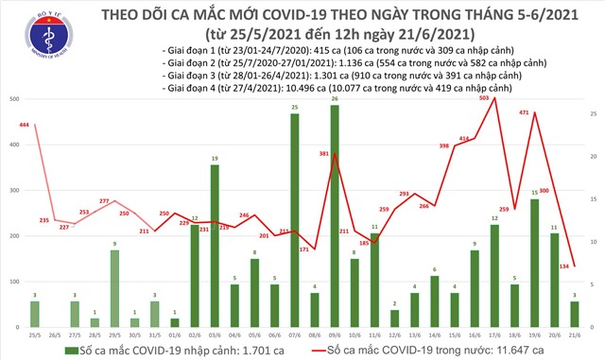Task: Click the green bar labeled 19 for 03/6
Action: (x=215, y=247)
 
